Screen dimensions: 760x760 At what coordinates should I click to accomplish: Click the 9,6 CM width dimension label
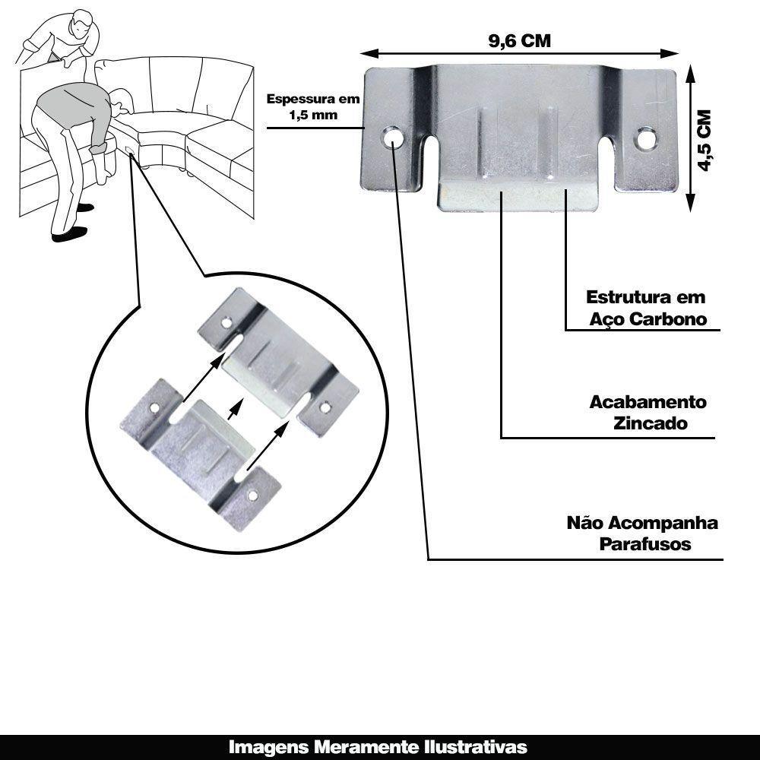point(519,41)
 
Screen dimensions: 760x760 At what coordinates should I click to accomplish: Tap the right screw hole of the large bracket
point(648,138)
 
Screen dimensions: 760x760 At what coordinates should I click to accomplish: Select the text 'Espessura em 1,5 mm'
point(312,107)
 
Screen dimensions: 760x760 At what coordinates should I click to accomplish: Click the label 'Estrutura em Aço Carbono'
point(647,308)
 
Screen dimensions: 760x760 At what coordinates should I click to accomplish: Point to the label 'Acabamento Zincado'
point(648,413)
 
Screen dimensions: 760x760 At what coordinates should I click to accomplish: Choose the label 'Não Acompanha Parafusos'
point(643,534)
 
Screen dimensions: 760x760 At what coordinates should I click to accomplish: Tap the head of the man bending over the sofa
point(121,101)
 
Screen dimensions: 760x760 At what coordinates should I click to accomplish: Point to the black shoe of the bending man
point(65,236)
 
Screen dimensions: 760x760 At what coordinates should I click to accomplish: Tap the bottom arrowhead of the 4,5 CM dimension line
point(690,205)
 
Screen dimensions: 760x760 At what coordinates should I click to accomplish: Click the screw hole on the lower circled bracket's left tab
point(154,408)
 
